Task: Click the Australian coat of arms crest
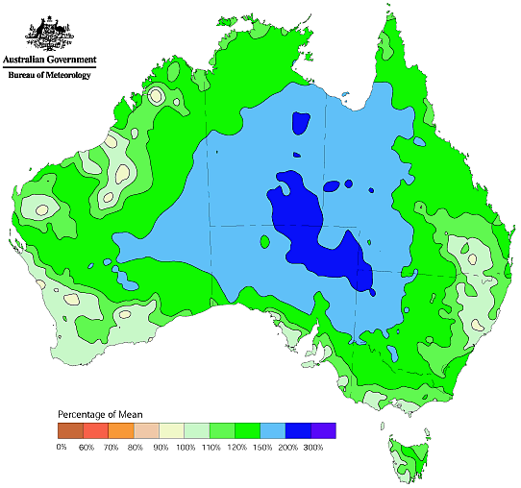tap(46, 33)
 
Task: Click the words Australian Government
tap(47, 61)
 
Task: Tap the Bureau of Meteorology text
tap(47, 75)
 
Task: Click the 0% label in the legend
tap(62, 447)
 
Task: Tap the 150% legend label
tap(260, 447)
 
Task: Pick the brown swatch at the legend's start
tap(69, 430)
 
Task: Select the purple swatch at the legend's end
tap(323, 430)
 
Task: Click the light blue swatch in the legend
tap(272, 430)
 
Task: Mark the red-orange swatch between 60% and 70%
tap(95, 430)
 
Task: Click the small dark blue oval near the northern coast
tap(301, 124)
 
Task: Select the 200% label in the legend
tap(285, 447)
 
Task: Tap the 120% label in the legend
tap(235, 447)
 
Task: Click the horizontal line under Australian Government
tap(47, 67)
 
